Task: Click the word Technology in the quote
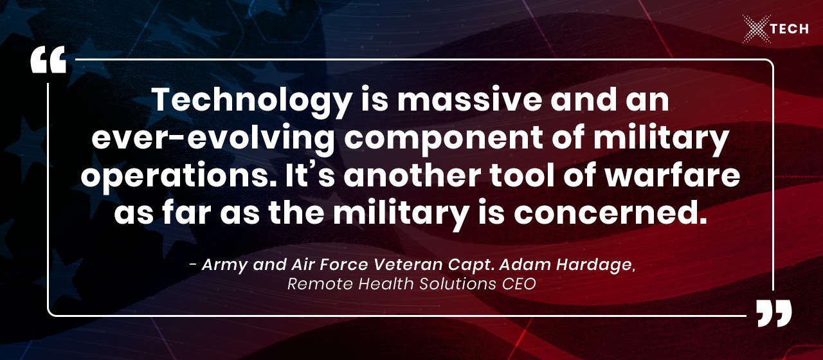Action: click(x=251, y=102)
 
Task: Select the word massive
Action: click(x=469, y=100)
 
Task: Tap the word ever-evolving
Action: click(x=213, y=139)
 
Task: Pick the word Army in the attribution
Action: click(x=224, y=265)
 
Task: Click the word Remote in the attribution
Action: click(x=315, y=284)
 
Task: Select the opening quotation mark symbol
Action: click(x=48, y=60)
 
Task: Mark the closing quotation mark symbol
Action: click(x=773, y=312)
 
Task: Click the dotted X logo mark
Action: click(x=757, y=29)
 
